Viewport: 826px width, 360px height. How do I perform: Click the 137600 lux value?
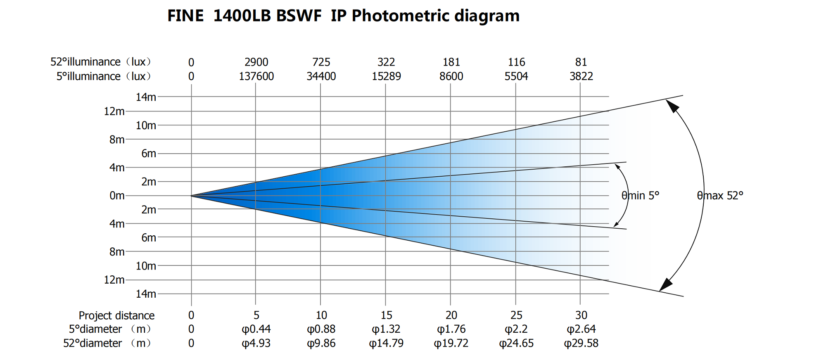[256, 76]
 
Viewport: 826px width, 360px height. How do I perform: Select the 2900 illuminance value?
[256, 62]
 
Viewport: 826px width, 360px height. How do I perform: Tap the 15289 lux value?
[386, 76]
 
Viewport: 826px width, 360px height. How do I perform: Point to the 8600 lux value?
[451, 76]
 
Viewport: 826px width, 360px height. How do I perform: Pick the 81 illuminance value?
[581, 62]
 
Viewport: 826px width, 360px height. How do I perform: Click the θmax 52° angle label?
[719, 196]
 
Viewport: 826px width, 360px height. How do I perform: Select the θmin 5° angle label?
[640, 196]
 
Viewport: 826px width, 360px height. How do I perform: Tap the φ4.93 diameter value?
[256, 343]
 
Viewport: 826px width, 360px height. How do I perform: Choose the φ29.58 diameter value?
[581, 343]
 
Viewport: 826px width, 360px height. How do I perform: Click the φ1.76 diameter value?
[451, 329]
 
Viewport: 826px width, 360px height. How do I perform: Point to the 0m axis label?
[117, 196]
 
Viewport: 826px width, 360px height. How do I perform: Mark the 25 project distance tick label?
[516, 315]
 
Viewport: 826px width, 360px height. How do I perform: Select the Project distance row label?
[116, 315]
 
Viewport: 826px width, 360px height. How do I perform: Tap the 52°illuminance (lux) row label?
[101, 62]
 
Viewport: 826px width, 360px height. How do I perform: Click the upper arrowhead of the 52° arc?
[672, 106]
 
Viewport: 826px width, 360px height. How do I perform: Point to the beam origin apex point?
[191, 196]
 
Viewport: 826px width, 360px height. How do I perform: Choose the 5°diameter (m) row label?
[109, 329]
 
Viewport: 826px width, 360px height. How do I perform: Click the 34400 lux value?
[321, 76]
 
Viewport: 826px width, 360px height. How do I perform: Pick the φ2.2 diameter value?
[516, 329]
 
